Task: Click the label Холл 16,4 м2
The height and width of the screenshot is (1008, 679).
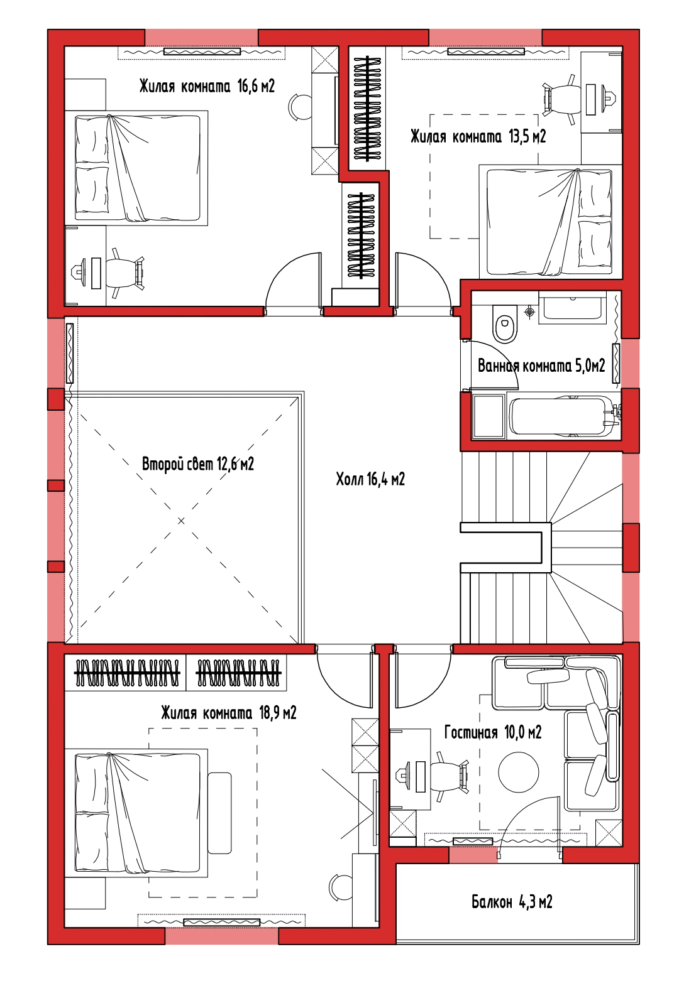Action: click(370, 479)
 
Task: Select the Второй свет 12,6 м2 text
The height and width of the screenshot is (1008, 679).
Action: click(198, 463)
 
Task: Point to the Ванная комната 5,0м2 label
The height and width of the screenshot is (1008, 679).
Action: click(541, 366)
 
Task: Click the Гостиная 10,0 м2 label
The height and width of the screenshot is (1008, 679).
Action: click(493, 732)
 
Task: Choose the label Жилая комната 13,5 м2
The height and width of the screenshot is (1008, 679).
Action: click(478, 136)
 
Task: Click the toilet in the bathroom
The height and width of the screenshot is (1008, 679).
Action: click(504, 324)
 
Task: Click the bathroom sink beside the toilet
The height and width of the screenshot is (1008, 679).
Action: click(572, 306)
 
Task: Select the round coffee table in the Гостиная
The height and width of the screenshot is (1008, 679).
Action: click(519, 772)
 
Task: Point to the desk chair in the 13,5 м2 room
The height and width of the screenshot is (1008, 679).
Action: click(560, 99)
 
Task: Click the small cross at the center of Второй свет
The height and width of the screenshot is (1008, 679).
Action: click(181, 521)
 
